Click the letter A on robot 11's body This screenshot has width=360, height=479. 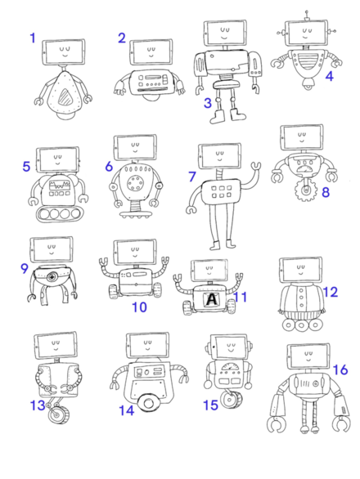[211, 299]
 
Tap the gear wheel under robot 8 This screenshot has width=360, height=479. [305, 191]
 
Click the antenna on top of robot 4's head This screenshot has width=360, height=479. [307, 16]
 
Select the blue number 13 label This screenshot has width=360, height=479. [38, 405]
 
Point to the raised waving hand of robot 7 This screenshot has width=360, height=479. [256, 168]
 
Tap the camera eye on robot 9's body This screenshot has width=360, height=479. [52, 277]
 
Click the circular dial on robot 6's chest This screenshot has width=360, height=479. [134, 183]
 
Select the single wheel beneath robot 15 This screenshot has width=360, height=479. [230, 399]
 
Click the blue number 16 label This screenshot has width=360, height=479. [340, 369]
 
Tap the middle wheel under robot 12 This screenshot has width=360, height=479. [301, 325]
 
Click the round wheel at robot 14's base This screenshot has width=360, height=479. [149, 403]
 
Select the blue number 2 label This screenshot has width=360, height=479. [122, 38]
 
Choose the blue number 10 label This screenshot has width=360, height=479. [139, 307]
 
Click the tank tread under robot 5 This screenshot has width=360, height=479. [58, 213]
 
